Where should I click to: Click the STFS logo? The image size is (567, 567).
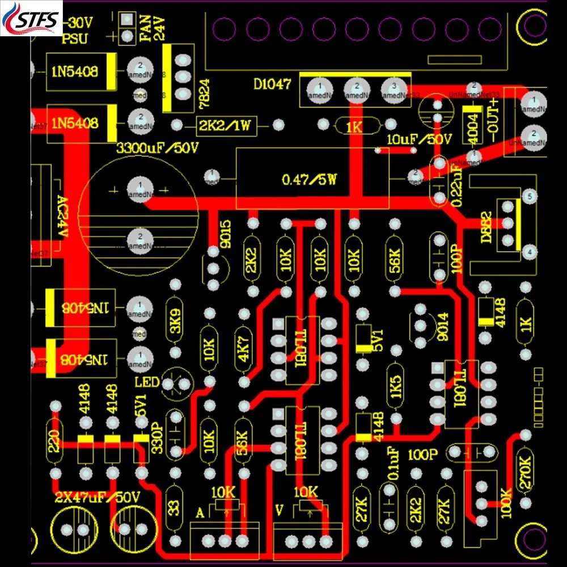coord(32,19)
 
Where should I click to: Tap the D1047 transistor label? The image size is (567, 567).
coord(272,85)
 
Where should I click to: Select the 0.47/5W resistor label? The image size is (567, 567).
coord(309,181)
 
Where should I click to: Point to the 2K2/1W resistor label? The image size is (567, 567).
coord(224,125)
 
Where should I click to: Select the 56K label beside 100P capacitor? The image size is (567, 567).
coord(395,261)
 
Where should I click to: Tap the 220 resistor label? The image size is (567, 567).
coord(54,441)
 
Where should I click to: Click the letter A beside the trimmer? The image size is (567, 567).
coord(200,514)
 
